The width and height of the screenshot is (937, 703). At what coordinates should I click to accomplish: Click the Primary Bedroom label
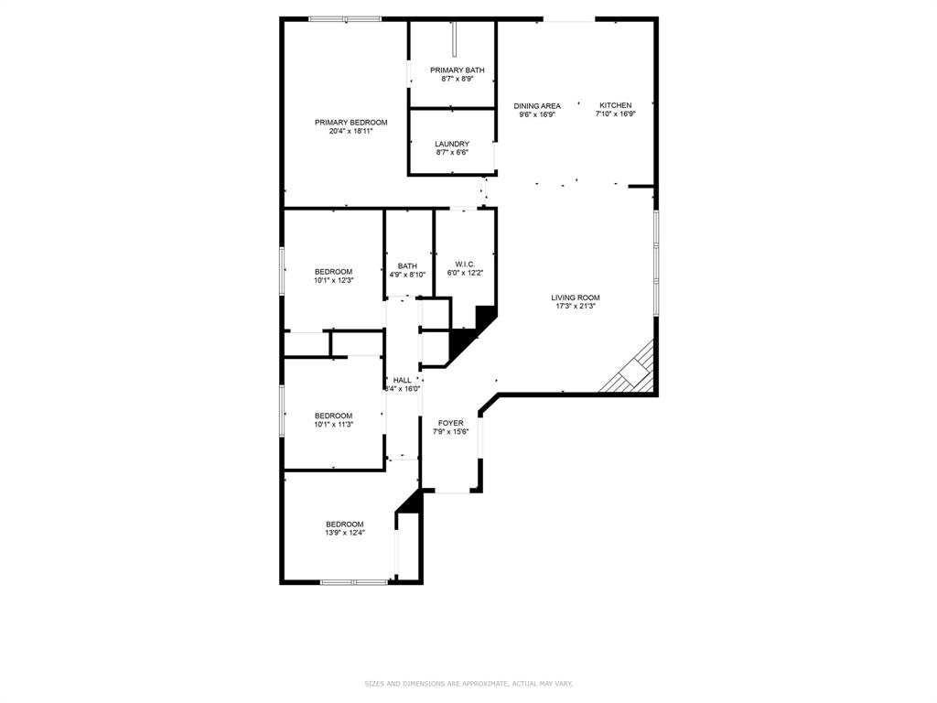pyautogui.click(x=350, y=123)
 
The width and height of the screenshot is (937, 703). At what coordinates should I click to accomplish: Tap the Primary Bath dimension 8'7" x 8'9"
pyautogui.click(x=457, y=79)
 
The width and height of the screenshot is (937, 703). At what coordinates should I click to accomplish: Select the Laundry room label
pyautogui.click(x=452, y=144)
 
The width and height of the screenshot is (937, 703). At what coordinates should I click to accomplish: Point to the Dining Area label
pyautogui.click(x=536, y=106)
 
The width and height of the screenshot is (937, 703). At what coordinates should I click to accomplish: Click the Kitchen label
pyautogui.click(x=615, y=105)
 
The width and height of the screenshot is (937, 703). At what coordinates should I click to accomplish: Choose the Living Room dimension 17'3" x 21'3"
pyautogui.click(x=575, y=307)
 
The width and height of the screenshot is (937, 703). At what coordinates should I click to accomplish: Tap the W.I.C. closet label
pyautogui.click(x=465, y=264)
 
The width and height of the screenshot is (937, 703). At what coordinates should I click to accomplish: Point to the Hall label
pyautogui.click(x=403, y=380)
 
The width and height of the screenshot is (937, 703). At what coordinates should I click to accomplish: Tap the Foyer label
pyautogui.click(x=450, y=423)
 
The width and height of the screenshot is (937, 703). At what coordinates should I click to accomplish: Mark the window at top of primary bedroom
pyautogui.click(x=345, y=18)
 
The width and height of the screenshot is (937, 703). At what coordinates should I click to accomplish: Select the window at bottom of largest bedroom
pyautogui.click(x=354, y=581)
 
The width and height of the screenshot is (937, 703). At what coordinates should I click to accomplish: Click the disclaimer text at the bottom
pyautogui.click(x=468, y=683)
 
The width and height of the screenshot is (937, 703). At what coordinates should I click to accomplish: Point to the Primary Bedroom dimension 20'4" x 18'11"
pyautogui.click(x=350, y=132)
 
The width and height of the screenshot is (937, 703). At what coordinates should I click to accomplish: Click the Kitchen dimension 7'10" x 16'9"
pyautogui.click(x=615, y=114)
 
